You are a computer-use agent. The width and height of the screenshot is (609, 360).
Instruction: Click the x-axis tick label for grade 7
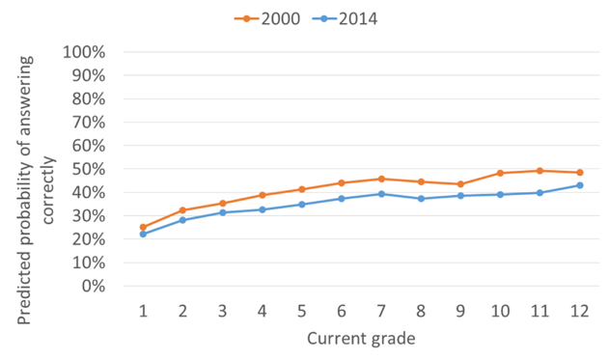382,311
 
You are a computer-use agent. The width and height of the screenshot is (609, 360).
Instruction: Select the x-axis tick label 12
580,311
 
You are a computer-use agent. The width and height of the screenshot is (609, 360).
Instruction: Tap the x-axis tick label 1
143,311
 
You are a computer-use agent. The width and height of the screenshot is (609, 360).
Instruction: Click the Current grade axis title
361,339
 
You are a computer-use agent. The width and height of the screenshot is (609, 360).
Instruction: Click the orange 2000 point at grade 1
143,228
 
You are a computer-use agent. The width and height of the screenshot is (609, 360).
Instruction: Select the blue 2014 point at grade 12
580,185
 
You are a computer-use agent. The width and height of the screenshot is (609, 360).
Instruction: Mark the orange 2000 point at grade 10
501,173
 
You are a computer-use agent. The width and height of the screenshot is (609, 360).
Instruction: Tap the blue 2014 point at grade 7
382,194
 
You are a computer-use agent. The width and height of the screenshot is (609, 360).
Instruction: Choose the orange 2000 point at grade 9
461,184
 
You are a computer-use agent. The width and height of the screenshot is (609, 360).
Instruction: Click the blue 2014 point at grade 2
182,220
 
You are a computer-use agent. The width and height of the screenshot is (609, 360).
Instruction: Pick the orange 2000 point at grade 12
580,173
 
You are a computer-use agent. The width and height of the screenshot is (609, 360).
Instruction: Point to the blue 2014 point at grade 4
263,209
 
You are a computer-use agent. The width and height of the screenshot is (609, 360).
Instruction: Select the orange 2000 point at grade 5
302,189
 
